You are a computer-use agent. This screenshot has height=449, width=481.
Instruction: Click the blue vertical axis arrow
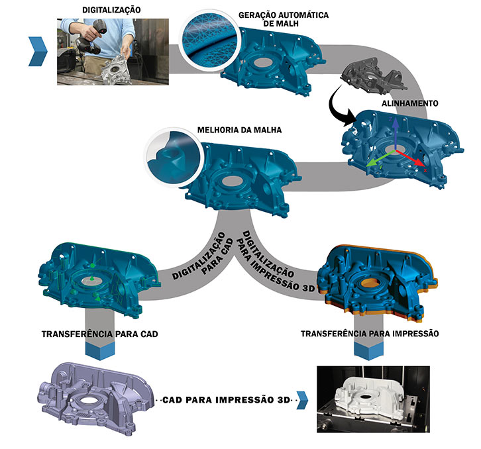pos(396,133)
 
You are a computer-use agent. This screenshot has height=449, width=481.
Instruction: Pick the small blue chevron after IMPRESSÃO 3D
pos(302,398)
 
